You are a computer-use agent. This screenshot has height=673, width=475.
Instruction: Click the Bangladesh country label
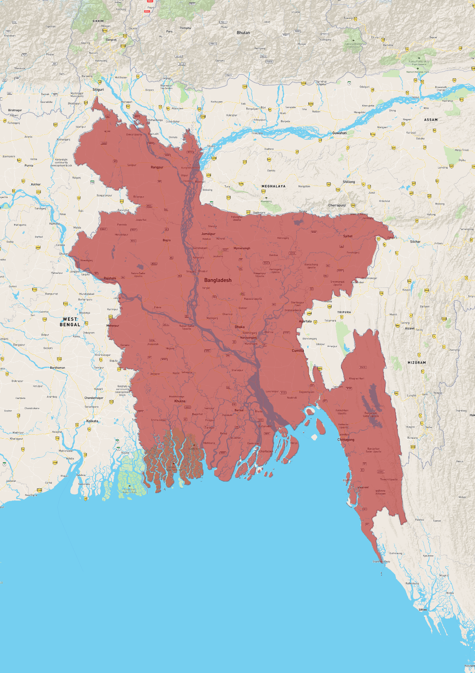tap(218, 280)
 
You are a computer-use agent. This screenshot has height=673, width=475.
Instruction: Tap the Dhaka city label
tap(240, 327)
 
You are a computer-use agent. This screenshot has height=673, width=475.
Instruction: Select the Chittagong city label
tap(346, 440)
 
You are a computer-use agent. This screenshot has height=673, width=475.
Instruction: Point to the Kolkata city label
tap(92, 421)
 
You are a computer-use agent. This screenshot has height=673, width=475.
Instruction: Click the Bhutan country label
tap(243, 33)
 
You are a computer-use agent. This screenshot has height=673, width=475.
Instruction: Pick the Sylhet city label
tap(348, 236)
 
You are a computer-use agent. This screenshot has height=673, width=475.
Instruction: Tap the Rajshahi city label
tap(110, 278)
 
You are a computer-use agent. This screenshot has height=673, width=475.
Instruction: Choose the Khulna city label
tap(180, 401)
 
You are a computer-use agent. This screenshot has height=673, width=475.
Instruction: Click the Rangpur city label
tap(157, 167)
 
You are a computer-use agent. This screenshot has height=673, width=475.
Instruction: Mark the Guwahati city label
tap(339, 133)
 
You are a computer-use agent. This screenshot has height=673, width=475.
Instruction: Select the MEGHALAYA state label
tap(273, 187)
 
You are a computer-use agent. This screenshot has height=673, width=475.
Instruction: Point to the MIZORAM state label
tap(416, 363)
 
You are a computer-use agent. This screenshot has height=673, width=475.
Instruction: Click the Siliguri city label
tap(98, 90)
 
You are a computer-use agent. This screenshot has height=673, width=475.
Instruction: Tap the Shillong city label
tap(348, 182)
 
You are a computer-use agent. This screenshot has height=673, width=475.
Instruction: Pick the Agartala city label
tap(305, 322)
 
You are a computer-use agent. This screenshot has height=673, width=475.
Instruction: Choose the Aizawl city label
tap(410, 328)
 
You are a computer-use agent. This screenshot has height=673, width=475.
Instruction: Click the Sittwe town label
tap(423, 610)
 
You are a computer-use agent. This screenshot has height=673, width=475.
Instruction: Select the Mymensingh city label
tap(242, 248)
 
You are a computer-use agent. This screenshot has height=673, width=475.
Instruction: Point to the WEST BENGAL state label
tap(70, 322)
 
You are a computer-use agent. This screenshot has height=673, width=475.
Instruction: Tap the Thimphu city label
tap(185, 28)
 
